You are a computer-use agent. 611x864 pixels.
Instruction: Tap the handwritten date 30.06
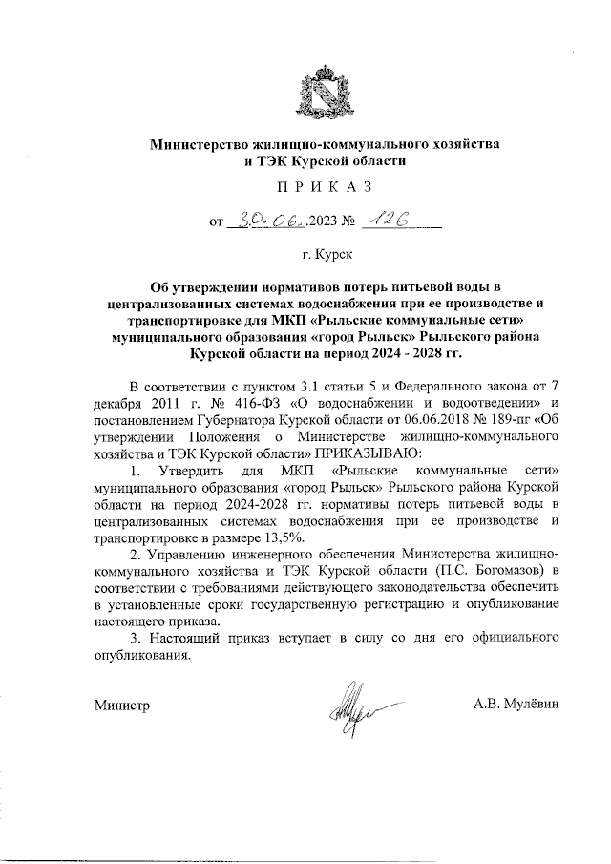click(x=273, y=222)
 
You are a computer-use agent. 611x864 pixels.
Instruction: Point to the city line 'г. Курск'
click(x=325, y=256)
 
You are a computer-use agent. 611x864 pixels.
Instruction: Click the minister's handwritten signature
click(x=353, y=707)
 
